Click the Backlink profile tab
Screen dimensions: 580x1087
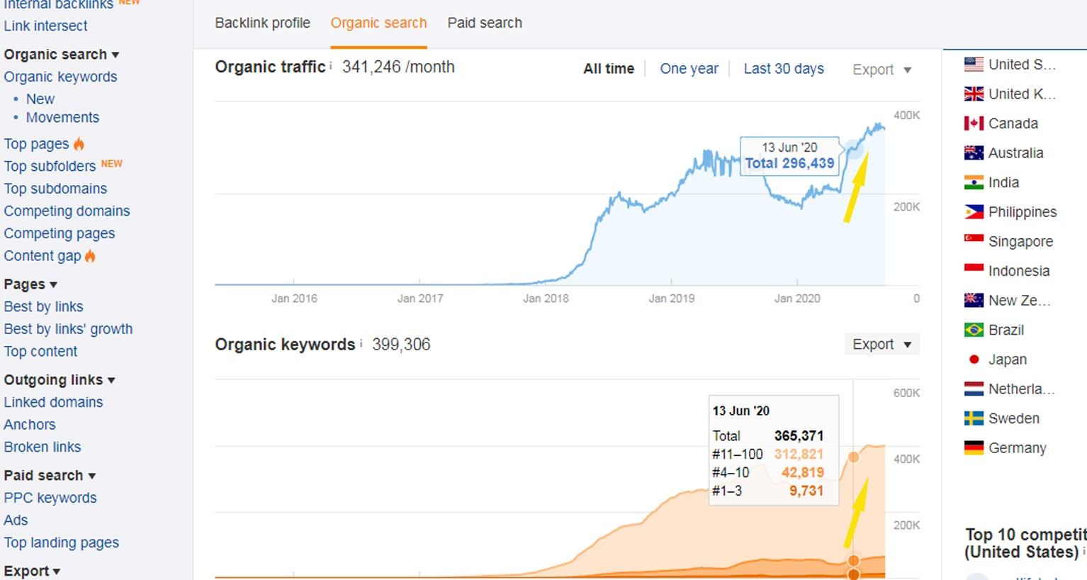point(262,23)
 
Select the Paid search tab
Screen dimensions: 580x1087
point(485,23)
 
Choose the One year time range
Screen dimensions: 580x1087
point(689,69)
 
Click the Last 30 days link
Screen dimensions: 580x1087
point(783,69)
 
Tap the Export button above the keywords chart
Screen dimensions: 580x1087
point(881,345)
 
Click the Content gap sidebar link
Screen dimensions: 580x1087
point(43,256)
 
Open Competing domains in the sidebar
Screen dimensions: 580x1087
point(67,211)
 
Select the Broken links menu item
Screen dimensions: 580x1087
point(43,447)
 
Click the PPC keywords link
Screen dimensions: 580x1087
point(50,498)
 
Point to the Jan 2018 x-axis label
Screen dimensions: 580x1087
point(546,299)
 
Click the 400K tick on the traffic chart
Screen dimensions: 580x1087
point(906,116)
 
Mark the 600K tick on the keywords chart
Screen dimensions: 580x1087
point(906,393)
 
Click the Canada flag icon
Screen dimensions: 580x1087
point(974,123)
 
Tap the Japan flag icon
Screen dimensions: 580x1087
point(974,359)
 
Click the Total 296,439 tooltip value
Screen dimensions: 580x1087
point(789,163)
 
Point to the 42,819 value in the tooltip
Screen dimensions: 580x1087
point(802,473)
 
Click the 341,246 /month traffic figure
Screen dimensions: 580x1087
point(398,67)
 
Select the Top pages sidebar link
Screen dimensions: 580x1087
point(37,144)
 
